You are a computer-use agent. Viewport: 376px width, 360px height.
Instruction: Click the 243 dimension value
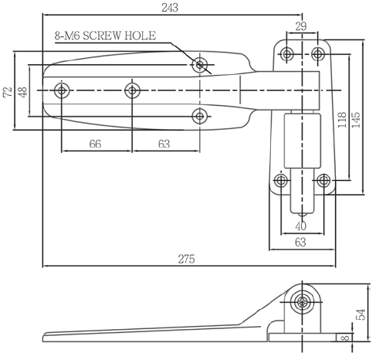click(170, 8)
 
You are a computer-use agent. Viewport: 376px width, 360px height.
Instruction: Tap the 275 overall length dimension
click(186, 259)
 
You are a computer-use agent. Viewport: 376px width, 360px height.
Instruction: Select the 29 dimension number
click(301, 26)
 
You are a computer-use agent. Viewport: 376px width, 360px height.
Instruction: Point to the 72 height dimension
click(8, 92)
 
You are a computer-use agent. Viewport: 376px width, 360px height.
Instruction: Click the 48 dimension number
click(22, 92)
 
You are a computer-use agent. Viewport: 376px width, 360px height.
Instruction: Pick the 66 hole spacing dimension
click(95, 144)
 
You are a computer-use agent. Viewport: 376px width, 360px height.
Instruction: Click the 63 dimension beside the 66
click(164, 144)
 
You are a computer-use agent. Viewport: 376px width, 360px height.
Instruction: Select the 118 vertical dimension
click(342, 120)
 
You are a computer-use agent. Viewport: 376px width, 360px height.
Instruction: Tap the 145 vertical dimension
click(357, 120)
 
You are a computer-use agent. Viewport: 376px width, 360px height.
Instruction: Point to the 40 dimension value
click(301, 226)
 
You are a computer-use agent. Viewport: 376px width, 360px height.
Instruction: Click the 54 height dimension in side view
click(361, 314)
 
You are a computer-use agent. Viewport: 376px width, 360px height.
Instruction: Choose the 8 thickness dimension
click(347, 337)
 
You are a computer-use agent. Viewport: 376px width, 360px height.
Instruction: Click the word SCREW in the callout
click(102, 36)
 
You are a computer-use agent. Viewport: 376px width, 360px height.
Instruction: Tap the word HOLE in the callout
click(141, 36)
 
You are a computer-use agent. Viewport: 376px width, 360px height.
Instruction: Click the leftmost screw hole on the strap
click(62, 90)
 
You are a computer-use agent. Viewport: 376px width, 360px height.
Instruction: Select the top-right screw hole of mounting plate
click(318, 54)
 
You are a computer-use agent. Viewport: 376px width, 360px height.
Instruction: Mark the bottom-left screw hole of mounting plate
click(281, 180)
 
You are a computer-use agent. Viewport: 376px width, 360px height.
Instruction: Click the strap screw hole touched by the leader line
click(200, 65)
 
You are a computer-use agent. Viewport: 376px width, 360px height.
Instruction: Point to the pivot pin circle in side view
click(302, 301)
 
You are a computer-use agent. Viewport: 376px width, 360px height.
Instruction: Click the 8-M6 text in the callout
click(67, 36)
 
